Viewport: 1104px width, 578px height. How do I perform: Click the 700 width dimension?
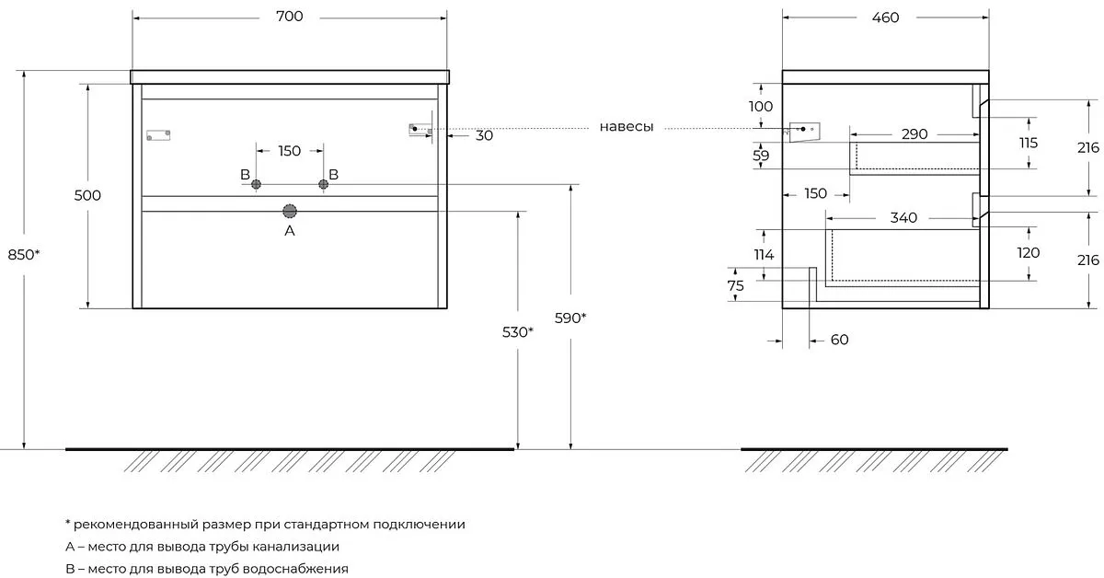tap(289, 17)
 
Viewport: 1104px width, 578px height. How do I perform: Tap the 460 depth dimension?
tap(885, 17)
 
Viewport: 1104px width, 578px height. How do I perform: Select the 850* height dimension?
tap(24, 254)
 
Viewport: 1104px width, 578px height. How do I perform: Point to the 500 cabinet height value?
tap(87, 195)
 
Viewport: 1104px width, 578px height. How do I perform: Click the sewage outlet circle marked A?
tap(290, 212)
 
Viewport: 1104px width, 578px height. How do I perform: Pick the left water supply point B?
tap(256, 184)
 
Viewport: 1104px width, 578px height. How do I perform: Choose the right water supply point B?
tap(323, 184)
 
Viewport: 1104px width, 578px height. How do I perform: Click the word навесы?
tap(627, 127)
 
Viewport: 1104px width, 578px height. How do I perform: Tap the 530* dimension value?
tap(517, 332)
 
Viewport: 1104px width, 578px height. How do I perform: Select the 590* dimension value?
tap(570, 318)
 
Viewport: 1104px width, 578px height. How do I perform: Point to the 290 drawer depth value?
tap(914, 134)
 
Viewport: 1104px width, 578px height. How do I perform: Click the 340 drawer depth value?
tap(903, 217)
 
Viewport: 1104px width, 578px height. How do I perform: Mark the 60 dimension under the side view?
tap(839, 340)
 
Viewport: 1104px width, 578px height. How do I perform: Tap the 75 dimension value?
tap(735, 285)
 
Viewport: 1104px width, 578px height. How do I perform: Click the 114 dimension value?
tap(764, 255)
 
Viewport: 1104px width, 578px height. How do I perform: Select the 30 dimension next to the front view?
tap(484, 135)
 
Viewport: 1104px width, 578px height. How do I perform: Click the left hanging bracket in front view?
tap(158, 135)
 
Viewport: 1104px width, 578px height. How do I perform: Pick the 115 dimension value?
tap(1029, 143)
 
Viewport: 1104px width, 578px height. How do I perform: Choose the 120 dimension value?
tap(1029, 252)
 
